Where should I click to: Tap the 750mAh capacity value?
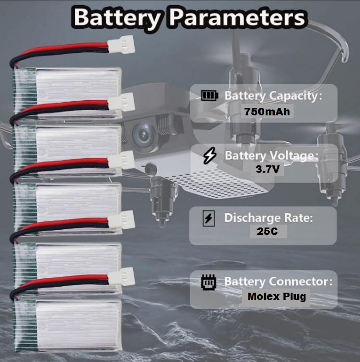pos(267,112)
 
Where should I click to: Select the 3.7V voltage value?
pos(268,169)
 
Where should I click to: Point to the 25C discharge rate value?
pos(267,231)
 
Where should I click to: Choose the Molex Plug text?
pos(277,297)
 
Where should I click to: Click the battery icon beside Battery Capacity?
pos(209,95)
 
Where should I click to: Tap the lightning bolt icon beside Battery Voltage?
pos(210,156)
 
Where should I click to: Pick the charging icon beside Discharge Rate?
pos(209,218)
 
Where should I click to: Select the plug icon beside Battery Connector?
pos(209,282)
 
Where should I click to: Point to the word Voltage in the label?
pos(294,156)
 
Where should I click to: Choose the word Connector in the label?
pos(301,282)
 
